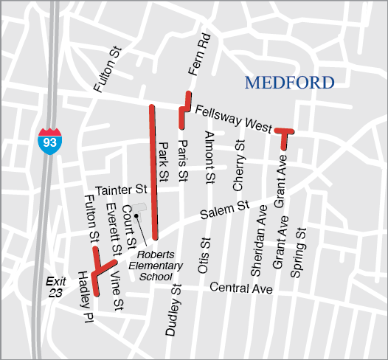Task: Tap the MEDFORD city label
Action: (289, 83)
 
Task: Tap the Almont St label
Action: (209, 156)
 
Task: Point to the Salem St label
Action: (222, 212)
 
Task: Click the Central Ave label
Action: (240, 288)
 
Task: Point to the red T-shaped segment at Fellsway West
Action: (284, 134)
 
